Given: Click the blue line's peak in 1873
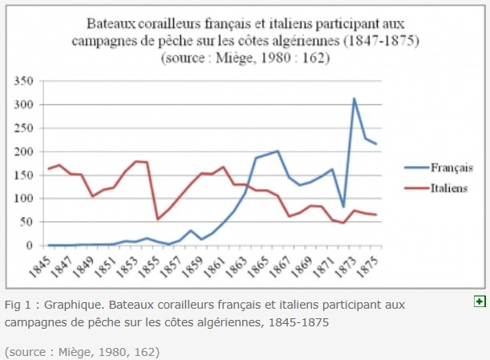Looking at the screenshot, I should [x=354, y=99].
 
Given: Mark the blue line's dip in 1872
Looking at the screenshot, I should [x=343, y=207].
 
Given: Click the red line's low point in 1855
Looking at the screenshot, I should [x=158, y=219].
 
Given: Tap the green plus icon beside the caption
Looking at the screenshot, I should [x=480, y=301].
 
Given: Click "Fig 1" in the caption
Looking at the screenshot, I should [x=20, y=305].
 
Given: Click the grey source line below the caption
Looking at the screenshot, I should [x=82, y=351].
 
